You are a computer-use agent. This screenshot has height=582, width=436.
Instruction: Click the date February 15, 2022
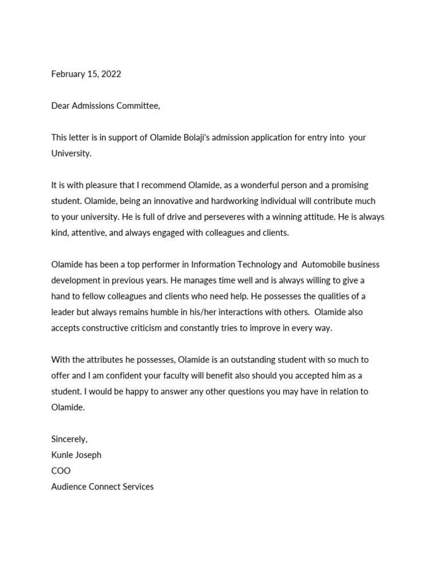pos(86,74)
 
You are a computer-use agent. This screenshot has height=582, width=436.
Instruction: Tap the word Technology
pos(259,264)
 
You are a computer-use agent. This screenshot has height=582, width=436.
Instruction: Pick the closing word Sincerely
pos(69,439)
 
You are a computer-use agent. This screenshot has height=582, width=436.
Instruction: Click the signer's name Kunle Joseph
pos(76,455)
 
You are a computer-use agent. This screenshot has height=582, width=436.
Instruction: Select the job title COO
pos(61,471)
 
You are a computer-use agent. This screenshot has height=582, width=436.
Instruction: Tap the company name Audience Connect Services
pos(102,487)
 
